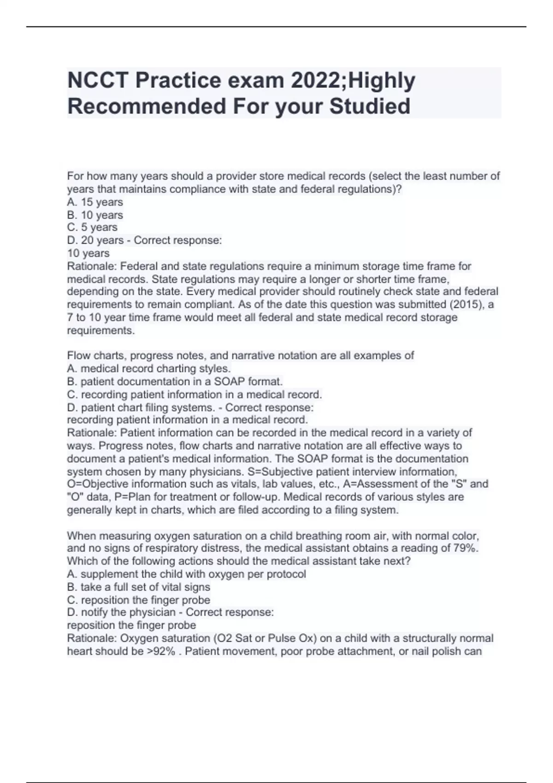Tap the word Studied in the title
click(x=370, y=106)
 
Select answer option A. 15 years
click(x=95, y=202)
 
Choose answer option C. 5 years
click(x=92, y=228)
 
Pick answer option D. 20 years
click(x=95, y=240)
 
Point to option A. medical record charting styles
click(x=148, y=368)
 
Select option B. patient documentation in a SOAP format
click(x=175, y=381)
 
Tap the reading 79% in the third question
click(x=465, y=548)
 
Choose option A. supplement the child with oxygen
click(x=186, y=574)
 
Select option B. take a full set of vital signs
click(x=138, y=587)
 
